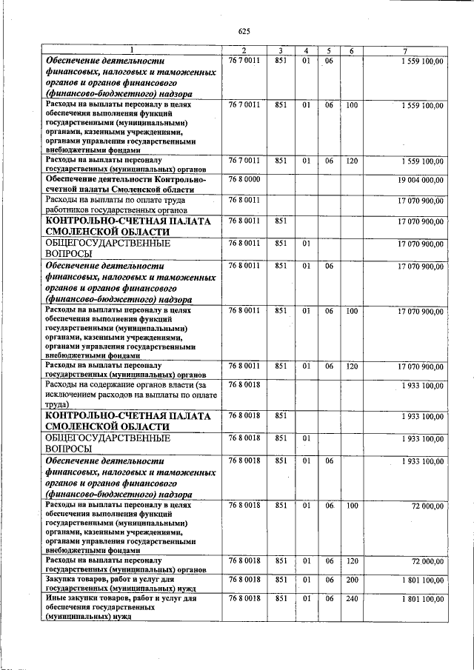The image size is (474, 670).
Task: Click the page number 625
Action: tap(245, 31)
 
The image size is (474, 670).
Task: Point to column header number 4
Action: tap(305, 50)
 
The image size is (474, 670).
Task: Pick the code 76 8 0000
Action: tap(244, 180)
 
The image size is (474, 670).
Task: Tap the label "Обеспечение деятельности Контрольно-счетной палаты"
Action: tap(124, 184)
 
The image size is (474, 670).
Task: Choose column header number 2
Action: tap(244, 50)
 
